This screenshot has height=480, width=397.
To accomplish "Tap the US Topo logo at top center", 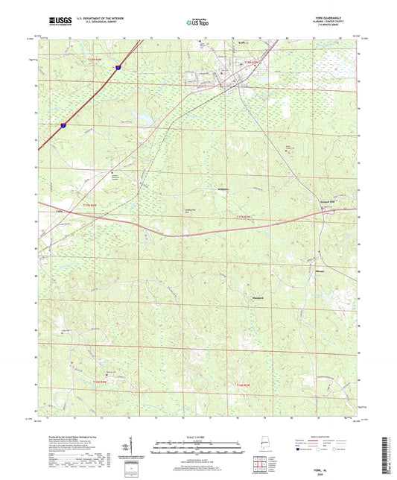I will [x=197, y=23].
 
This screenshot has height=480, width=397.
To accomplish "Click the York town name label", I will [x=241, y=44].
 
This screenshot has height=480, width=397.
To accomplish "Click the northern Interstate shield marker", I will [x=118, y=67].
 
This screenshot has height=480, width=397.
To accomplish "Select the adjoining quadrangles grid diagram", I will [x=258, y=463].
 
